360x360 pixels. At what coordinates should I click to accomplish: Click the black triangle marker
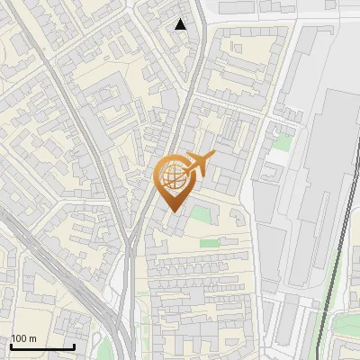181,24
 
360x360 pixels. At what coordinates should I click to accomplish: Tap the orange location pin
174,181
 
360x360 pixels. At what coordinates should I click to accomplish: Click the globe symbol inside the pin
173,175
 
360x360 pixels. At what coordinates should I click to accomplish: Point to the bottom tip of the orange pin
173,211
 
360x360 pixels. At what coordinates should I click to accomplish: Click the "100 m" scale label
24,338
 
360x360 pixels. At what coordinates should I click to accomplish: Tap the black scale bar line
42,346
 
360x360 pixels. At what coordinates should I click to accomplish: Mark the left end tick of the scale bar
11,345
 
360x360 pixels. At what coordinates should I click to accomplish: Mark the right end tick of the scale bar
74,345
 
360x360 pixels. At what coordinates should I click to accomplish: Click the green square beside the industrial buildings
283,142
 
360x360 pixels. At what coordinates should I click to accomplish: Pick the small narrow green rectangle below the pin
209,243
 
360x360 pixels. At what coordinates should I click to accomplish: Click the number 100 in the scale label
19,338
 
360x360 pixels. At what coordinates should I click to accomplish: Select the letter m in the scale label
32,339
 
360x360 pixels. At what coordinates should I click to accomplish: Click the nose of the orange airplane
213,155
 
